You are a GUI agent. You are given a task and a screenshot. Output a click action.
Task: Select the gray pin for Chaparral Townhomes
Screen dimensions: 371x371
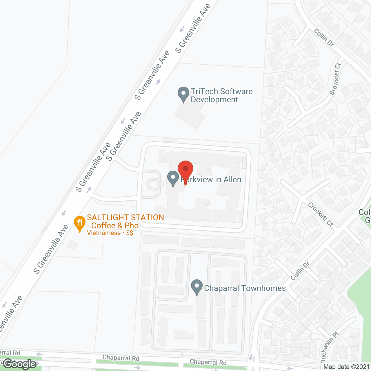[x=197, y=287]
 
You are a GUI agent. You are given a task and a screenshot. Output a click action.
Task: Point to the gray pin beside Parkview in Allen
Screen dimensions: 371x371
[x=173, y=179]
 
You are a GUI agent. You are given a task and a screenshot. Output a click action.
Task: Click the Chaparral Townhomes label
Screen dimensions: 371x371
[x=245, y=288]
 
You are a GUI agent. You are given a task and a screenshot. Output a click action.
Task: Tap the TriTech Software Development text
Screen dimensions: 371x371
[x=221, y=95]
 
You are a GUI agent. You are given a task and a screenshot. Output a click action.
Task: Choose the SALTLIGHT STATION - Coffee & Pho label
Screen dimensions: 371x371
[x=125, y=221]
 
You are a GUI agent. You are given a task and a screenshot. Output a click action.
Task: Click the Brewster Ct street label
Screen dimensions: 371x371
[x=335, y=79]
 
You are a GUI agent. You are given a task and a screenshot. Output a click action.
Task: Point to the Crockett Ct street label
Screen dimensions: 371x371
[x=321, y=214]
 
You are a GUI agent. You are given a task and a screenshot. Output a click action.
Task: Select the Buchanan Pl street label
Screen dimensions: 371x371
[x=330, y=348]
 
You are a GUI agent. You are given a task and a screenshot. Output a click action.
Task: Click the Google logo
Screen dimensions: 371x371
[x=20, y=364]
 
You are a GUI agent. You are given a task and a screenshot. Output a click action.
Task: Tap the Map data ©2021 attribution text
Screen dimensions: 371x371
[x=346, y=367]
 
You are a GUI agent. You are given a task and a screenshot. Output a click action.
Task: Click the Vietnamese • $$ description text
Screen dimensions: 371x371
[x=110, y=233]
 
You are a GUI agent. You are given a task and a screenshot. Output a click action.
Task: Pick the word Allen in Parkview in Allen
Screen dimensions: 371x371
[x=232, y=180]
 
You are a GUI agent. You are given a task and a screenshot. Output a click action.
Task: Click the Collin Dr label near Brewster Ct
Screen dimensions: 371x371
[x=324, y=37]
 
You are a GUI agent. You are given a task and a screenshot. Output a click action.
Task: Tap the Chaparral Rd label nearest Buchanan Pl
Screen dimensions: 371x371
[x=208, y=362]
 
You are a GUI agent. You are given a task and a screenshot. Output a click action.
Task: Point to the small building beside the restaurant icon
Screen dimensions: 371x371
[x=72, y=245]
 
